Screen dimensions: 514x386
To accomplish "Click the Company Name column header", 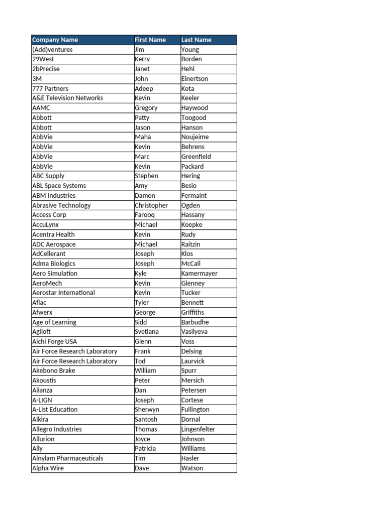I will (55, 40).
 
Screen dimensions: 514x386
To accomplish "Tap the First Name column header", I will (150, 40).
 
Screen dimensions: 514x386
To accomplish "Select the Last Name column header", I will (196, 40).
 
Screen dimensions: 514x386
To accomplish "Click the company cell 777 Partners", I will (50, 88).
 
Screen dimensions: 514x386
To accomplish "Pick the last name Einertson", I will (195, 79).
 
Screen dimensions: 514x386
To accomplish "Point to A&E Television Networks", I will (67, 98).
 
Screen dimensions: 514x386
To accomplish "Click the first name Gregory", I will (146, 108).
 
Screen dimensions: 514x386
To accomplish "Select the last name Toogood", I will (194, 117).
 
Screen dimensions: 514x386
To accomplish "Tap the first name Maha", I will (143, 137).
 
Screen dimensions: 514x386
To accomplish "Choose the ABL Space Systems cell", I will (59, 186).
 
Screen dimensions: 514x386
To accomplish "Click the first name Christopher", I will (151, 205).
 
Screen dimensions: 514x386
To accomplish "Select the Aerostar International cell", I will (63, 293).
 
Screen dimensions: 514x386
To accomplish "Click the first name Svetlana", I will (146, 332).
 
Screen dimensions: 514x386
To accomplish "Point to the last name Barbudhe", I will (195, 322).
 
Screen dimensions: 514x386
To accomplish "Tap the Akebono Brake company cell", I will (54, 370).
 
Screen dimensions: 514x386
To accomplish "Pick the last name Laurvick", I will (193, 361).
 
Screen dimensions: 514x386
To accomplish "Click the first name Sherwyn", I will (147, 410).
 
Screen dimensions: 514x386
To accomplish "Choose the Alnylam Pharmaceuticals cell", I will (67, 458).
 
